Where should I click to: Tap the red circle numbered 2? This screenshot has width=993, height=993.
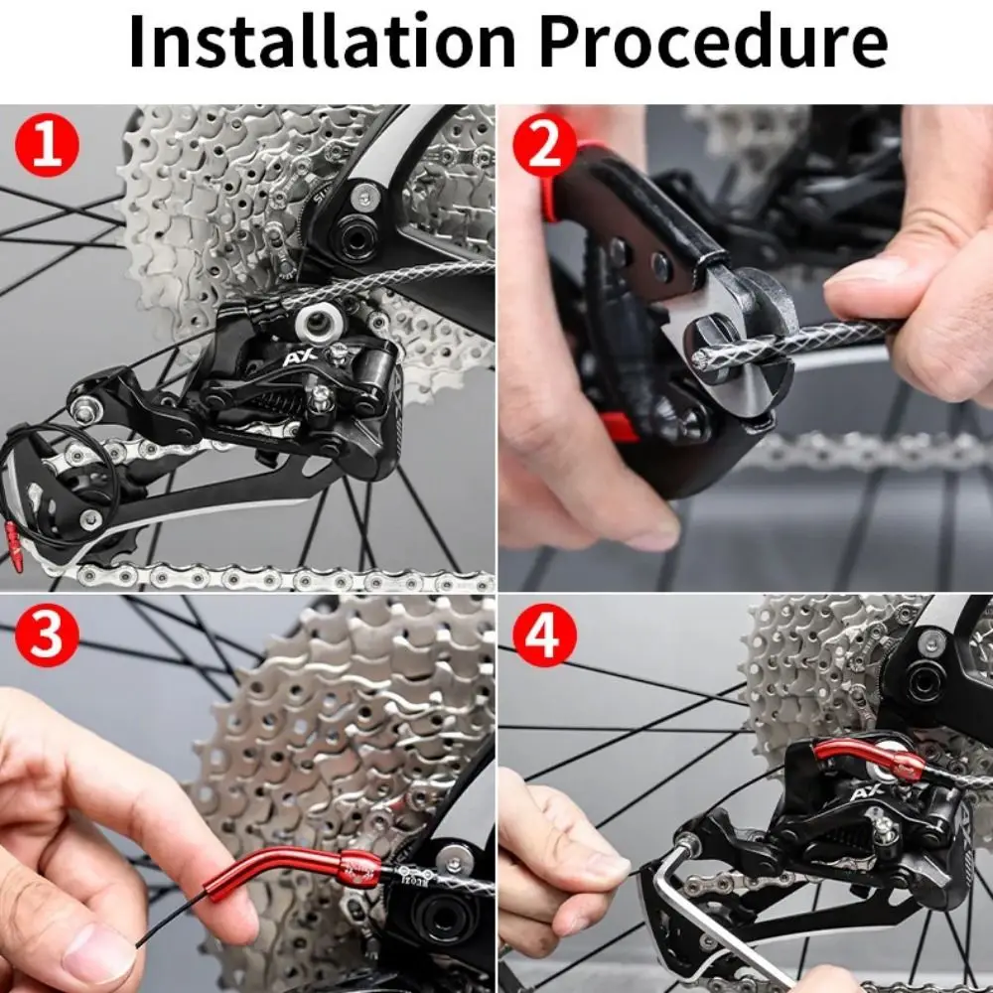coord(544,145)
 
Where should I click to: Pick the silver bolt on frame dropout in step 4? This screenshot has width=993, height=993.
coord(930,642)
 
